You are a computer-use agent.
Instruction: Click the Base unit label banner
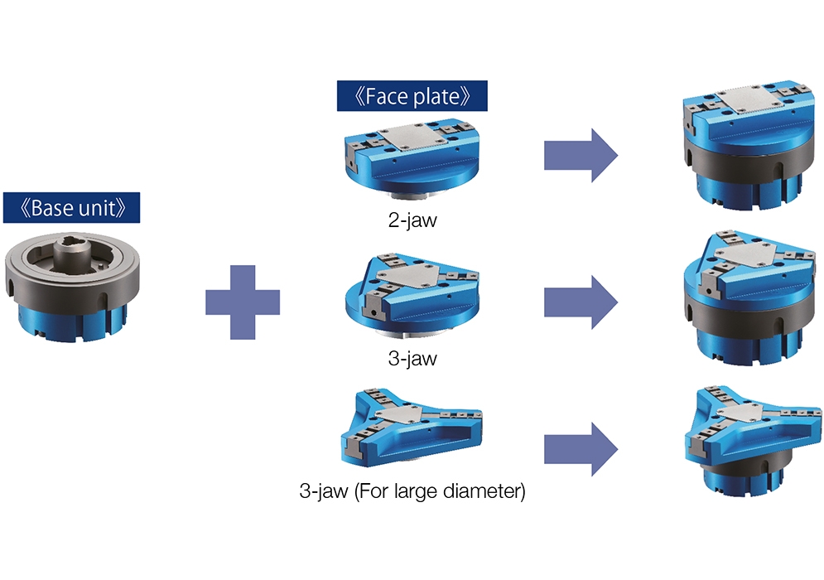coord(71,208)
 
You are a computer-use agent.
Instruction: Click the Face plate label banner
coord(412,95)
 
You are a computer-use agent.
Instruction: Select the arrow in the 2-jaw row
coord(581,155)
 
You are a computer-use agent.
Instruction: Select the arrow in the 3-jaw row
coord(581,304)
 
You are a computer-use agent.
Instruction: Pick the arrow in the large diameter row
coord(581,449)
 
